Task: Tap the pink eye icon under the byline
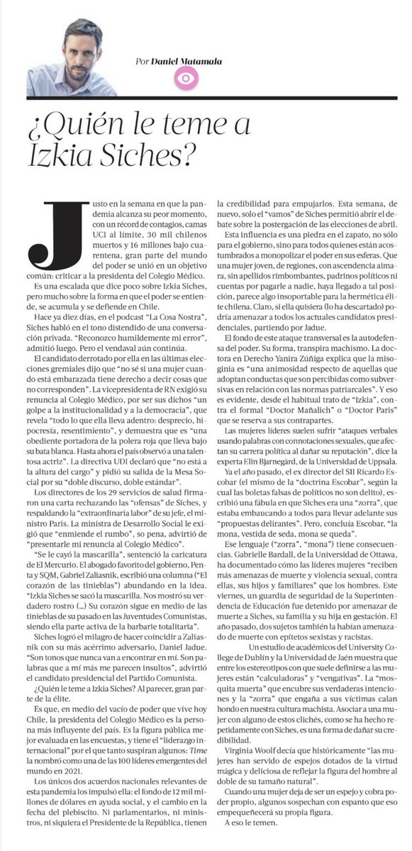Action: point(186,79)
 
